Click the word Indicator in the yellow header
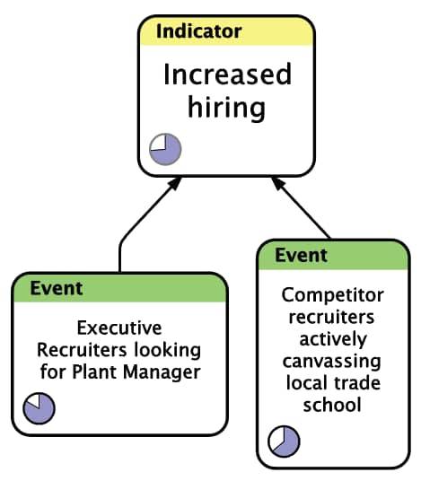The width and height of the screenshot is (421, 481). click(x=199, y=31)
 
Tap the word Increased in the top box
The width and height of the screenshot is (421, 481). click(x=227, y=74)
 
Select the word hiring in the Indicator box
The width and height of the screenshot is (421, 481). click(x=226, y=108)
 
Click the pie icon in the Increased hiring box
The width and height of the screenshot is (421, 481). click(x=165, y=149)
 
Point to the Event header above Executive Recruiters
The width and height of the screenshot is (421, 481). click(x=57, y=288)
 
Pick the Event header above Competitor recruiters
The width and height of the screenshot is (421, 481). click(x=301, y=255)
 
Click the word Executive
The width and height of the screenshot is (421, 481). click(x=119, y=328)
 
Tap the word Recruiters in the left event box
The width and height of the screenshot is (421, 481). click(x=82, y=350)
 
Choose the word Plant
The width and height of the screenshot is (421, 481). click(x=94, y=372)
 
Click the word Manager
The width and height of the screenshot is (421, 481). click(x=162, y=372)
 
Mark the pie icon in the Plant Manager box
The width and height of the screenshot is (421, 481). click(x=39, y=408)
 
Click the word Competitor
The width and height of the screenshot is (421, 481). click(x=333, y=295)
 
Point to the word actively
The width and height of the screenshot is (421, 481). click(x=333, y=339)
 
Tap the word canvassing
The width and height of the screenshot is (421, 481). click(x=332, y=362)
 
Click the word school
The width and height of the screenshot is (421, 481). click(x=332, y=405)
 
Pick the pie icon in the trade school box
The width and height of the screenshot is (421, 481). click(x=284, y=442)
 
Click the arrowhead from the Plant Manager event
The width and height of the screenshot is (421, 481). click(x=175, y=183)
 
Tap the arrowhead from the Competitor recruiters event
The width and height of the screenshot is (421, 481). click(x=278, y=183)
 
